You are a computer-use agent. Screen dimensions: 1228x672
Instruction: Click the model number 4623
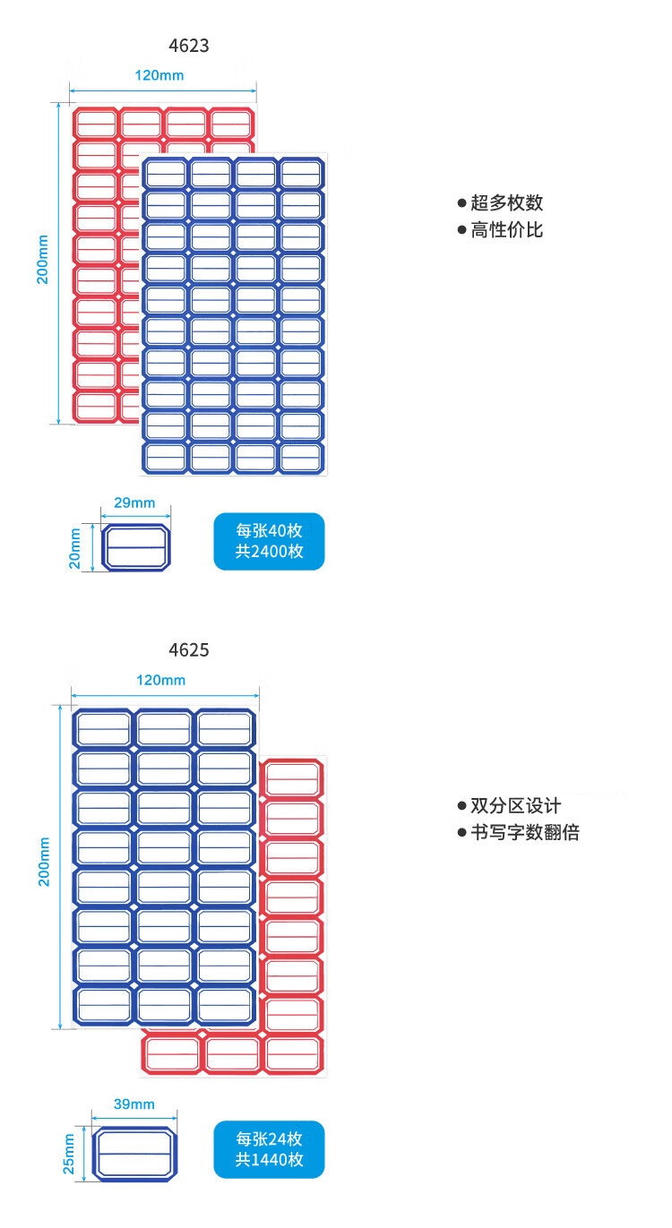(188, 45)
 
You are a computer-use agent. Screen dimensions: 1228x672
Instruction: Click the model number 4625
(188, 649)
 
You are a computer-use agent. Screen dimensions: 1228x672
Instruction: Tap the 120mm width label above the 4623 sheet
(159, 75)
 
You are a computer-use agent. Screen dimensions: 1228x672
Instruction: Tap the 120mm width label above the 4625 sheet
(161, 680)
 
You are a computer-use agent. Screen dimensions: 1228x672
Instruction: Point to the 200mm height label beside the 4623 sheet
(42, 260)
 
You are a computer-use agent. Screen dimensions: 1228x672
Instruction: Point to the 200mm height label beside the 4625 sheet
(43, 862)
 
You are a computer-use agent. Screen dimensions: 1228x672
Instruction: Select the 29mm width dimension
(134, 502)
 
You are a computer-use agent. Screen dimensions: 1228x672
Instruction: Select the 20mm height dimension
(75, 546)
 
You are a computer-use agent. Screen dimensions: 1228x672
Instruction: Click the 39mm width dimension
(134, 1103)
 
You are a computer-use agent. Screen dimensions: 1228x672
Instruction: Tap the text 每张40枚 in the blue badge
(269, 531)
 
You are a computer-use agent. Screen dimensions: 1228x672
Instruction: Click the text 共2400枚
(269, 552)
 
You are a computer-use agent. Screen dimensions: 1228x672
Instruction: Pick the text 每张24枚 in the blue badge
(269, 1139)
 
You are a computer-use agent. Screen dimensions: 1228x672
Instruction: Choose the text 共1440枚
(269, 1160)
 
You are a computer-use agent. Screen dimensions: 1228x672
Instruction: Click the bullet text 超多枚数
(506, 202)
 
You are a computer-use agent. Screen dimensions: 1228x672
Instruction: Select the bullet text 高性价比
(506, 230)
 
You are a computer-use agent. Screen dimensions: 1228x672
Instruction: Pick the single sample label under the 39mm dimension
(134, 1155)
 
